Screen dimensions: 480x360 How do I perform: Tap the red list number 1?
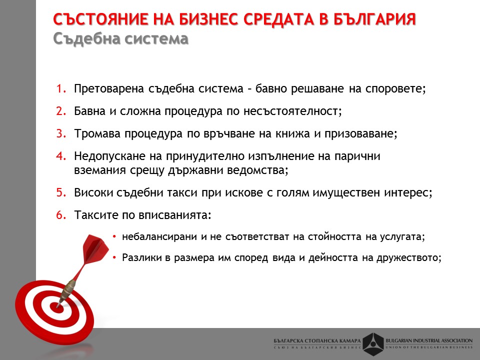click(x=61, y=89)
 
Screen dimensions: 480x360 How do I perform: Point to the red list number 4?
click(x=61, y=156)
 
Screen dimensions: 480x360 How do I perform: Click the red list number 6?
click(x=61, y=215)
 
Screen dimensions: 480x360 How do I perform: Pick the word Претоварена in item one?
click(x=109, y=89)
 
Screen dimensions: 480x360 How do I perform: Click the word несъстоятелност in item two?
click(x=292, y=111)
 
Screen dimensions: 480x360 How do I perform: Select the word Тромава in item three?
click(x=97, y=134)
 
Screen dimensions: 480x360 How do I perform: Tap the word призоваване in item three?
click(x=360, y=134)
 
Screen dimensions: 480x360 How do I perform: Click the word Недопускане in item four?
click(x=110, y=156)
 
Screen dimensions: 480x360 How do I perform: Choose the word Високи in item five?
click(x=93, y=193)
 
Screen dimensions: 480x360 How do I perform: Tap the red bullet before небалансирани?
click(x=114, y=236)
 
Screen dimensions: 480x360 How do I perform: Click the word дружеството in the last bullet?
click(x=408, y=258)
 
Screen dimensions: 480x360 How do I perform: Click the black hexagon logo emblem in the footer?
click(x=373, y=344)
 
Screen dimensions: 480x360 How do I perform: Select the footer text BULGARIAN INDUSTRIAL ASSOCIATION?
click(x=429, y=340)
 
